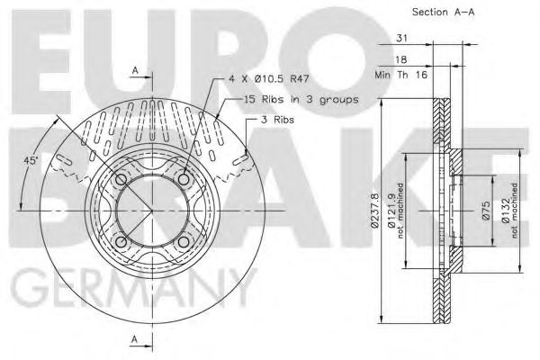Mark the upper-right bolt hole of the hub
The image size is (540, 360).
pos(184,180)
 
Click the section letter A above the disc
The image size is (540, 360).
pos(134,70)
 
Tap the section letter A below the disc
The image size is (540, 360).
pos(134,339)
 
